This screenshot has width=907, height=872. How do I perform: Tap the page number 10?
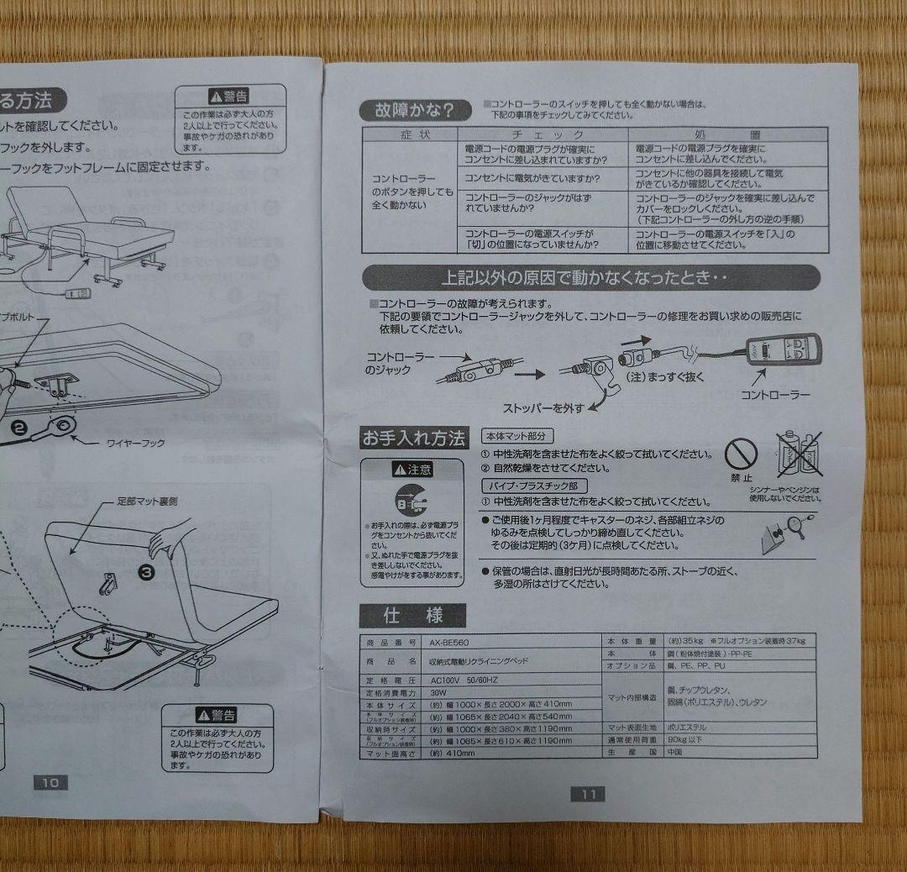50,782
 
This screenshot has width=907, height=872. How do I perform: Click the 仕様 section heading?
412,616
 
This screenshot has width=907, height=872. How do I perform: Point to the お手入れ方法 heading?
412,438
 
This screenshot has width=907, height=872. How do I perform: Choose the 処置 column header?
727,134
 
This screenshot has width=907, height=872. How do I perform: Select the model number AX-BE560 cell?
448,643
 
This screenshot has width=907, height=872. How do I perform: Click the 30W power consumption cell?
439,694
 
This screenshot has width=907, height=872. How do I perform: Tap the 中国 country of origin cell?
646,753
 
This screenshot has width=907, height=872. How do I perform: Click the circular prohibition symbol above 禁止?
741,456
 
